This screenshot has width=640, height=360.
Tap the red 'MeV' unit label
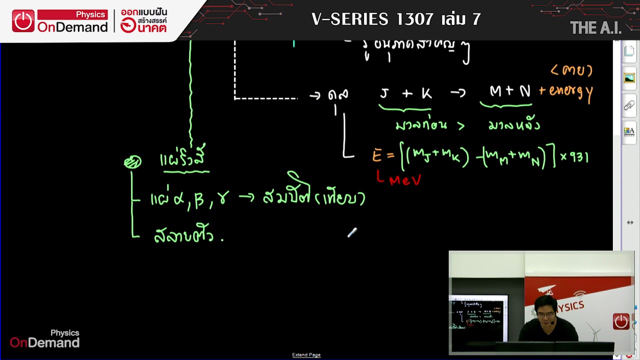coord(405,180)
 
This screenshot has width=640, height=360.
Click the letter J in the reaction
coord(384,93)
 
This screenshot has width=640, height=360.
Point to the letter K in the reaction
coord(426,93)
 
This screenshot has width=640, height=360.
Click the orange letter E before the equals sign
coord(376,155)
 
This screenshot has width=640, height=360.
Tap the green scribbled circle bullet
coord(132,162)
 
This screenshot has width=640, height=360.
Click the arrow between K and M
coord(457,93)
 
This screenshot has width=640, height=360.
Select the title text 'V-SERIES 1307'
coord(372,19)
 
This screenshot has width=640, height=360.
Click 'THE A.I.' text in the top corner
coord(595,28)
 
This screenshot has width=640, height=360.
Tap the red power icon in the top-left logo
coord(23,21)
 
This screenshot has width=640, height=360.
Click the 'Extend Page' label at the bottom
coord(306,355)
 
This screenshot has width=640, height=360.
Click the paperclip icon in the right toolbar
coord(629,105)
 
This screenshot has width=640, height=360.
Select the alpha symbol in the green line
coord(178,199)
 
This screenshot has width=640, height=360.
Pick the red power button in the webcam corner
coord(621,321)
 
